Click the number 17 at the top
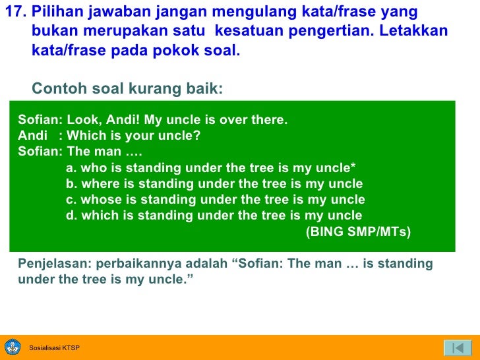[x=14, y=14]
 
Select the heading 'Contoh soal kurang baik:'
[x=128, y=88]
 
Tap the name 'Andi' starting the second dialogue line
[x=30, y=136]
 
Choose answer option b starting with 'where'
[x=214, y=184]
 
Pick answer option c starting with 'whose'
[x=215, y=200]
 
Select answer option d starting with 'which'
[x=214, y=216]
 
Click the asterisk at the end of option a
[x=354, y=167]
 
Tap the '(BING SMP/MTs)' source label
[x=358, y=231]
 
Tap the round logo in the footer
[x=13, y=347]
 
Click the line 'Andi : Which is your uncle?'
[x=109, y=136]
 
